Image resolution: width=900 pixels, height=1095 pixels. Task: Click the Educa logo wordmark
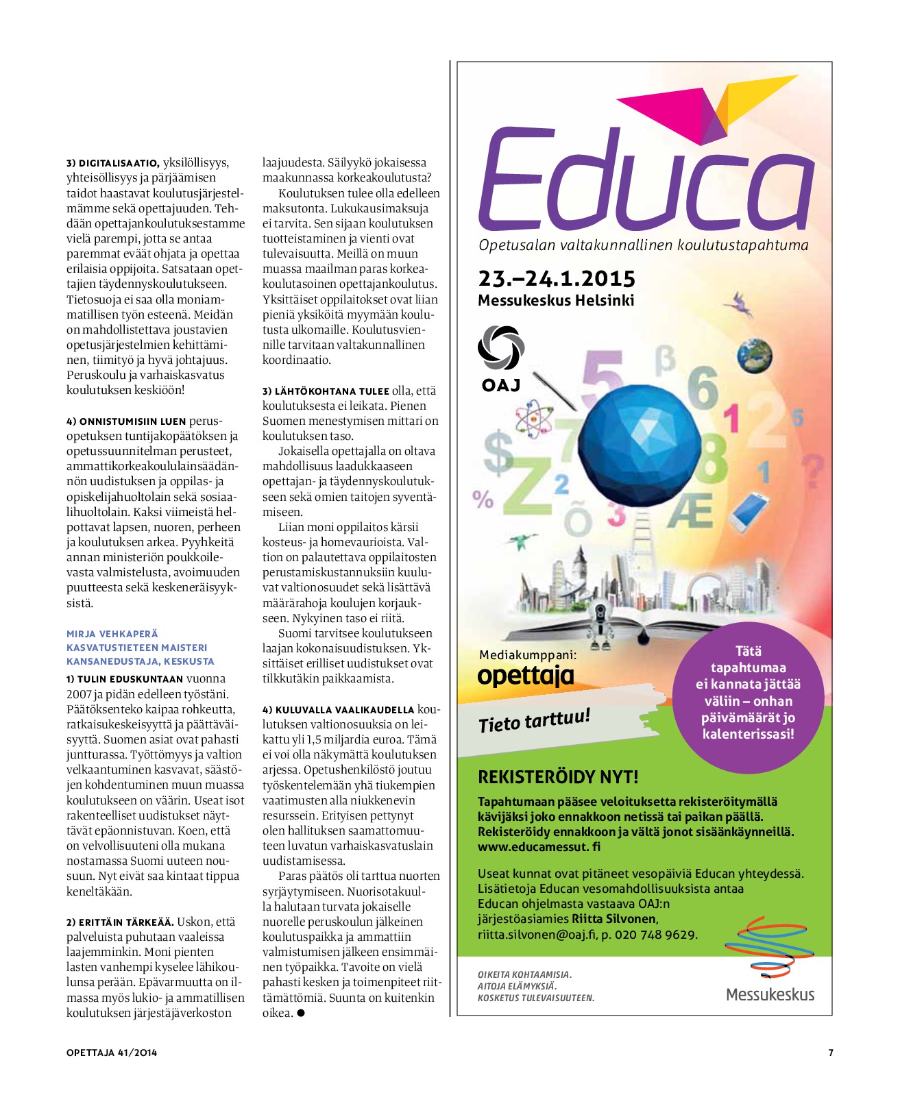tap(644, 180)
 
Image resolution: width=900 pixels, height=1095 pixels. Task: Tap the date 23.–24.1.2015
tap(556, 278)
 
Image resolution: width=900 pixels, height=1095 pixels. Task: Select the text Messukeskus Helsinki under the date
tap(556, 300)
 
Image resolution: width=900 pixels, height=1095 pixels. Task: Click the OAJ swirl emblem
tap(500, 348)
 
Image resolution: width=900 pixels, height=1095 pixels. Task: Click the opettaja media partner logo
tap(525, 676)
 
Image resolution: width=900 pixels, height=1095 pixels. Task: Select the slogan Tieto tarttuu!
tap(534, 720)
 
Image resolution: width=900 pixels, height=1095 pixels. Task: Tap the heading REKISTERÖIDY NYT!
tap(557, 777)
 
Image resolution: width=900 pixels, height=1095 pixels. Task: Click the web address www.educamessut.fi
tap(539, 846)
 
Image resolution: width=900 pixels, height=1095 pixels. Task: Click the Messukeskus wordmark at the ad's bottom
tap(770, 994)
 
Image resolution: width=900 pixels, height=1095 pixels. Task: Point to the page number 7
tap(831, 1053)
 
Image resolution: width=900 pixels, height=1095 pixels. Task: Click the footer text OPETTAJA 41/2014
tap(112, 1053)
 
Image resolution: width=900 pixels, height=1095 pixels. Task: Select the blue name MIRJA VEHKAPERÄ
tap(112, 634)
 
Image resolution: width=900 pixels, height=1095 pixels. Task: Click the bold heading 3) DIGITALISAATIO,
tap(113, 163)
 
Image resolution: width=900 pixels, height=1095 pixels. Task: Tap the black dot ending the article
tap(301, 1013)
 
